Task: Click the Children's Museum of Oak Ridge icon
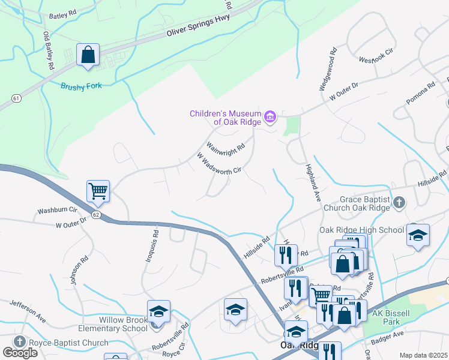(x=270, y=116)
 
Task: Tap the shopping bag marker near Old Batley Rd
(x=88, y=55)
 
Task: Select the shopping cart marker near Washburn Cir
(x=98, y=191)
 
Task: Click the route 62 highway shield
(x=95, y=214)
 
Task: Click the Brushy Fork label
(x=81, y=86)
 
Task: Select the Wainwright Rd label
(x=226, y=146)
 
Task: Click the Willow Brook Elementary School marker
(x=158, y=312)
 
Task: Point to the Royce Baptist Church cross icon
(x=18, y=343)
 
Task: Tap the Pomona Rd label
(x=420, y=94)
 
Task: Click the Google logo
(x=20, y=353)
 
